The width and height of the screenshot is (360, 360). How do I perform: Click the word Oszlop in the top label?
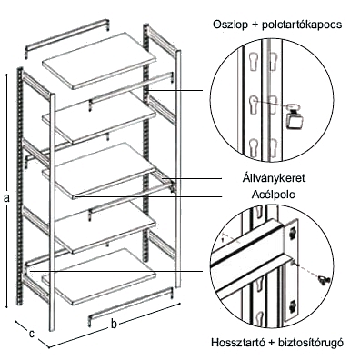(x=229, y=25)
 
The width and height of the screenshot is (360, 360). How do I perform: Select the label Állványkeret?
(x=274, y=178)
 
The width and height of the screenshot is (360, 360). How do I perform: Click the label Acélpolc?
(x=274, y=195)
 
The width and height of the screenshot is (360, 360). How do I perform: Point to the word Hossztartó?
(x=236, y=343)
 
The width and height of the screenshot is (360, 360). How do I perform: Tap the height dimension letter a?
(x=7, y=197)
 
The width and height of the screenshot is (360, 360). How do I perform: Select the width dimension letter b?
(x=114, y=324)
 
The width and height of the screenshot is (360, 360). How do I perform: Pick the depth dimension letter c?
(x=31, y=334)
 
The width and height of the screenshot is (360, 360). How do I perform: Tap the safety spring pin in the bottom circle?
(x=323, y=279)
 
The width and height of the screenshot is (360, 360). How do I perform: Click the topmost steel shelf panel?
(x=99, y=61)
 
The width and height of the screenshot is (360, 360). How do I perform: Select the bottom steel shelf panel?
(x=99, y=276)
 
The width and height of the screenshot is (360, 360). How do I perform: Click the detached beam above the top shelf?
(x=67, y=38)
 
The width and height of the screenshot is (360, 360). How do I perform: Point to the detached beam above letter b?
(x=131, y=306)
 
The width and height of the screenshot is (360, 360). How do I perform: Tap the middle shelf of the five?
(x=99, y=171)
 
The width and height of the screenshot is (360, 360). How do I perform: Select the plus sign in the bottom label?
(x=269, y=343)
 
